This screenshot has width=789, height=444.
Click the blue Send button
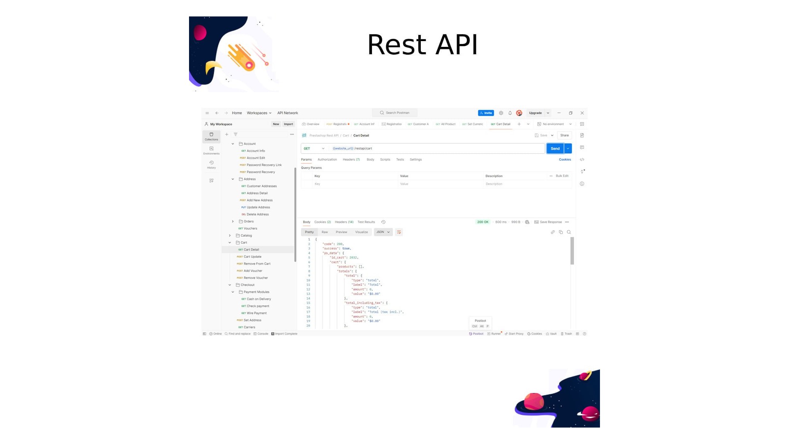pos(555,148)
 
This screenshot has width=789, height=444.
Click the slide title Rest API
pos(422,44)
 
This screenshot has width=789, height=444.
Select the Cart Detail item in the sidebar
pos(251,250)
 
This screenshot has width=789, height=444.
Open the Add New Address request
pos(259,200)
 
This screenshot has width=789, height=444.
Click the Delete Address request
pos(258,214)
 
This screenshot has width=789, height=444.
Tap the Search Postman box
pos(395,113)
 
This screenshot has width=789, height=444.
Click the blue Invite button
pos(486,113)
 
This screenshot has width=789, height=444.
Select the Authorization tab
pos(327,160)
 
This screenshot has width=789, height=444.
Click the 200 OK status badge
pos(482,222)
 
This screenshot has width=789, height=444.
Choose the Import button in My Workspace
pos(288,124)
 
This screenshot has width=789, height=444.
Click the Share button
pos(564,135)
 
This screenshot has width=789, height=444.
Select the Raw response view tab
pos(325,232)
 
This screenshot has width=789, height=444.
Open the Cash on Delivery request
pos(258,299)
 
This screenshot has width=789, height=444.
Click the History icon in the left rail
pos(211,164)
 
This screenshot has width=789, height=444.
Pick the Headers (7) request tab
pos(351,160)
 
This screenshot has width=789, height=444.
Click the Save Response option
pos(550,222)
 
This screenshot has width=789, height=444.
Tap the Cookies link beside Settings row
pos(565,160)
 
